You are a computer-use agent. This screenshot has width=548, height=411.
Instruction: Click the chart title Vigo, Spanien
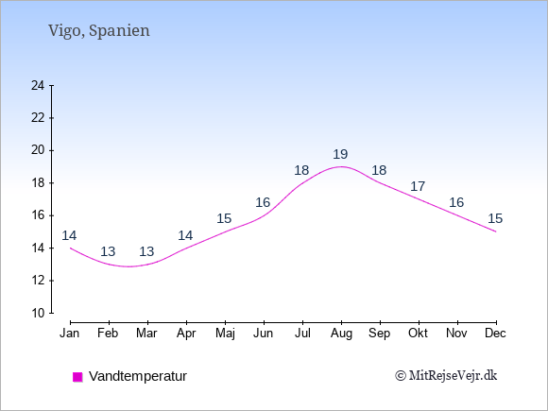[99, 31]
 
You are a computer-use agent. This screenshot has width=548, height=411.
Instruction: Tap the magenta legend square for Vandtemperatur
[77, 377]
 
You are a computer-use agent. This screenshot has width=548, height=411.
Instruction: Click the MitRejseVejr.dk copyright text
[446, 376]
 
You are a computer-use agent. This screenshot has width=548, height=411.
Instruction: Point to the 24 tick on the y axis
[38, 85]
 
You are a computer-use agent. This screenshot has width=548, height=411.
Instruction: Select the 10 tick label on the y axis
[38, 313]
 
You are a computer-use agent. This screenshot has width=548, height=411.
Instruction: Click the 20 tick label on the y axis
[38, 150]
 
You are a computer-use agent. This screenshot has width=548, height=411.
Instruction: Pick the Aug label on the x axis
[341, 334]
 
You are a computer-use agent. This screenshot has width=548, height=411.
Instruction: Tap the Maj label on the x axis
[225, 334]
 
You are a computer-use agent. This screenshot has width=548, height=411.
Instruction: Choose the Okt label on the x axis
[418, 334]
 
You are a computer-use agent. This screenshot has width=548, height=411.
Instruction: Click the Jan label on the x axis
[70, 334]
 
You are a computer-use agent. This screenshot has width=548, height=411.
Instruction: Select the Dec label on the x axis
[495, 334]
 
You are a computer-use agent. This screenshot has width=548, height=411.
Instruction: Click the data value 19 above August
[340, 154]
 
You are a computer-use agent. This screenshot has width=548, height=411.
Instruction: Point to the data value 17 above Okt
[418, 186]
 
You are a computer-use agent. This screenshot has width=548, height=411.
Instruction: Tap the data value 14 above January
[69, 235]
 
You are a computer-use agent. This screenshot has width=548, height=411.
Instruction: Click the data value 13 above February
[108, 251]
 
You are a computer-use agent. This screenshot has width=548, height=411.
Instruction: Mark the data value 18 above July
[301, 170]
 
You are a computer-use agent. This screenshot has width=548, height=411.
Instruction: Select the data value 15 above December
[495, 218]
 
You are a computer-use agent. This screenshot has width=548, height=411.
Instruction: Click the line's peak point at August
[341, 166]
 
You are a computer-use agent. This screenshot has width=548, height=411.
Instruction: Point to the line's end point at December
[496, 231]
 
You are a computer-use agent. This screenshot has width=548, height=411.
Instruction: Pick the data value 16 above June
[263, 202]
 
